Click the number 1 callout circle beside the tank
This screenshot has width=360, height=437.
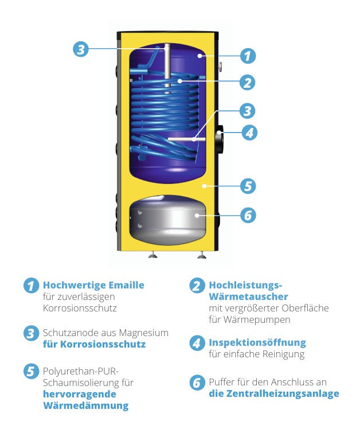247,56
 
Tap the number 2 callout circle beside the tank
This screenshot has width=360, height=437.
247,82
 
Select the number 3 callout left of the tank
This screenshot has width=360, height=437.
81,49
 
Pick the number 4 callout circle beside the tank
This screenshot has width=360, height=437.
248,132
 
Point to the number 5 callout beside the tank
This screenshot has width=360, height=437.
247,186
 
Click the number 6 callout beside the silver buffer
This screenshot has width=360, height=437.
247,215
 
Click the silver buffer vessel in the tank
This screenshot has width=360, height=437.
167,219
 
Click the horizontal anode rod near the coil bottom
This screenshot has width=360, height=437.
181,139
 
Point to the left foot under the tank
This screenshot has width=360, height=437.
152,255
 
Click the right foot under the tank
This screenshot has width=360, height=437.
201,255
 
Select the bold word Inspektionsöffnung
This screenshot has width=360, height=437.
257,342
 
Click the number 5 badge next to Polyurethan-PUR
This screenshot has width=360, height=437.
30,371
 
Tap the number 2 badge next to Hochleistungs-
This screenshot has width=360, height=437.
197,286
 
